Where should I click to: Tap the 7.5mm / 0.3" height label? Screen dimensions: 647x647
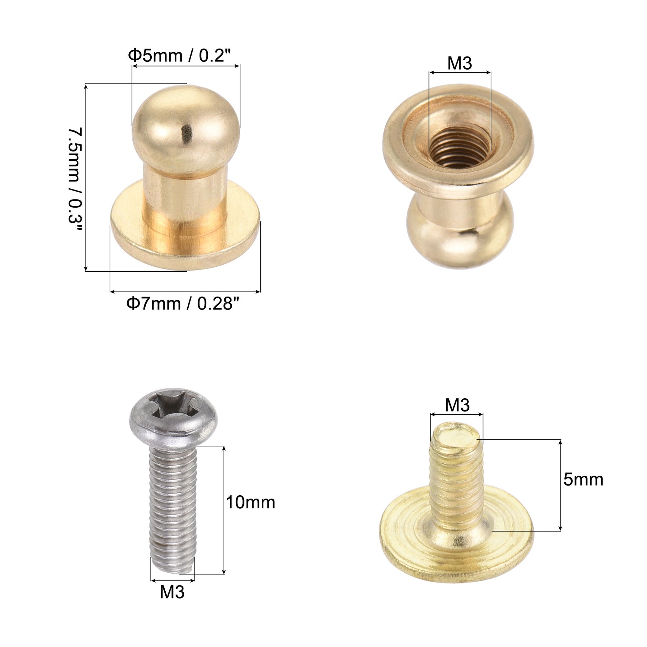(x=75, y=180)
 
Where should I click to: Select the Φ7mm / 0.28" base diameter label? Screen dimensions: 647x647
(x=183, y=304)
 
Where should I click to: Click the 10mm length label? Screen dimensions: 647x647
(x=250, y=502)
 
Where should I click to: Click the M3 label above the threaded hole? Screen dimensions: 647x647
(x=459, y=64)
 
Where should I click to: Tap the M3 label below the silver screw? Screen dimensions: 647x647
(x=172, y=592)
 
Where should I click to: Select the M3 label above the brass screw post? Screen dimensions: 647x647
(x=457, y=405)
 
